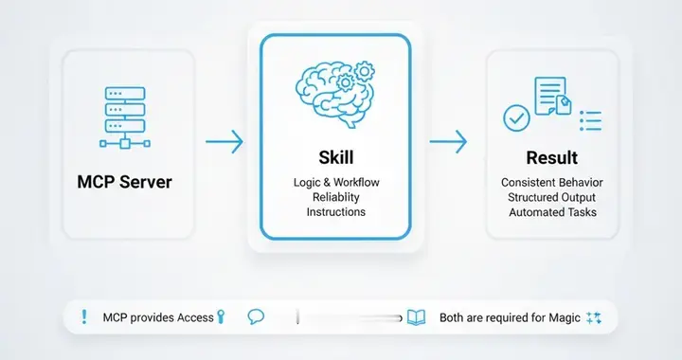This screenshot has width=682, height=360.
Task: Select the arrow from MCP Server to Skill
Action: pyautogui.click(x=224, y=142)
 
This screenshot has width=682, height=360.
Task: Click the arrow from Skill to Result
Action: pyautogui.click(x=448, y=142)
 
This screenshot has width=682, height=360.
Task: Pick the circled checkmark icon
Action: pyautogui.click(x=515, y=119)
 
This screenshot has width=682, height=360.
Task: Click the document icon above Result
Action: pyautogui.click(x=553, y=96)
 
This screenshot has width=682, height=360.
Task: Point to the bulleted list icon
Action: pyautogui.click(x=590, y=121)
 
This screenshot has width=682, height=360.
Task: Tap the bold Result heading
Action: pyautogui.click(x=551, y=157)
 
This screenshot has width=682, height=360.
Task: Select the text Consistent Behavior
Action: pyautogui.click(x=551, y=181)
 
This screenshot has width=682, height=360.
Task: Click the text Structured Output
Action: pyautogui.click(x=551, y=197)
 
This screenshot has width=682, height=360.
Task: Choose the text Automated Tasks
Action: pyautogui.click(x=551, y=212)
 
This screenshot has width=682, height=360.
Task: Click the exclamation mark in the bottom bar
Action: pyautogui.click(x=83, y=317)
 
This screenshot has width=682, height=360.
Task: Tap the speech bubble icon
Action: pyautogui.click(x=256, y=317)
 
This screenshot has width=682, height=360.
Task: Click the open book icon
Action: pyautogui.click(x=416, y=317)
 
